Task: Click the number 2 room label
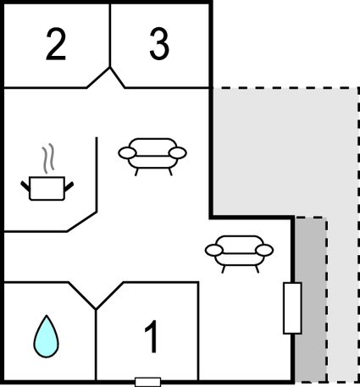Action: pos(56,44)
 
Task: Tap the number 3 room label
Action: pos(159,44)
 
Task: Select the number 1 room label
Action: pos(151,336)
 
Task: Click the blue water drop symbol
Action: pos(47,337)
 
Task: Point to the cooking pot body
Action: pos(47,188)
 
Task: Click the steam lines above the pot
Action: pos(48,158)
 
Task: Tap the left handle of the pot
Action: pos(25,186)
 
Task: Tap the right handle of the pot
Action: pos(69,186)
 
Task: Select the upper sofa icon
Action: pos(152,157)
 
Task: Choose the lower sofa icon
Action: pos(239,254)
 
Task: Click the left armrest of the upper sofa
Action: pos(127,153)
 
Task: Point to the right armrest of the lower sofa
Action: pos(264,251)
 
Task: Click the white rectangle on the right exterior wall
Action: pos(292,308)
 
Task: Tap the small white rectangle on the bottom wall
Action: pos(148,382)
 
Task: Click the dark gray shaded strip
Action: pos(311,299)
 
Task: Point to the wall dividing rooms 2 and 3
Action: pos(110,36)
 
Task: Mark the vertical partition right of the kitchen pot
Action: pos(97,174)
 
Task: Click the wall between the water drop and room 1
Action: pos(96,345)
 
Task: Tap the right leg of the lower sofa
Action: pos(257,269)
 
